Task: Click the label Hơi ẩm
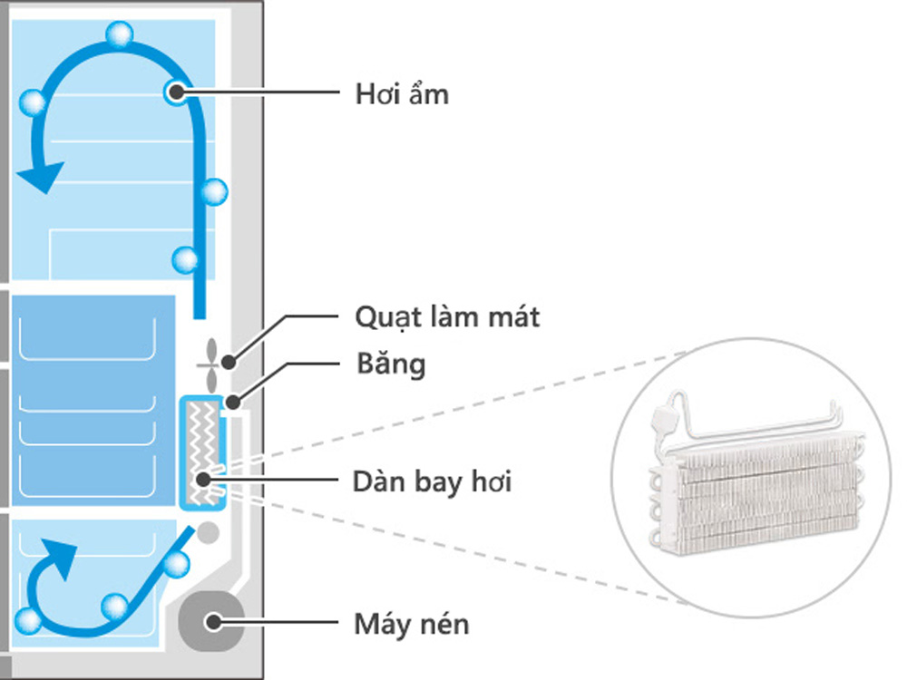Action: point(401,92)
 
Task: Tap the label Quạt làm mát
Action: point(446,317)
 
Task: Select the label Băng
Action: point(389,364)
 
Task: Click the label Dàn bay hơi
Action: point(432,481)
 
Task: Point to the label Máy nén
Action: point(412,624)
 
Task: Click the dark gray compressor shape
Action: point(211,621)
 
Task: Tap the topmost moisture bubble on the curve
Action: point(119,34)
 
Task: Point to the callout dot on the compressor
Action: point(214,622)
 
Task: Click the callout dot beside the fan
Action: point(229,363)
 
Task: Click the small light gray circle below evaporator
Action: point(208,530)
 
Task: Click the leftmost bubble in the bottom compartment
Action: point(29,621)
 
